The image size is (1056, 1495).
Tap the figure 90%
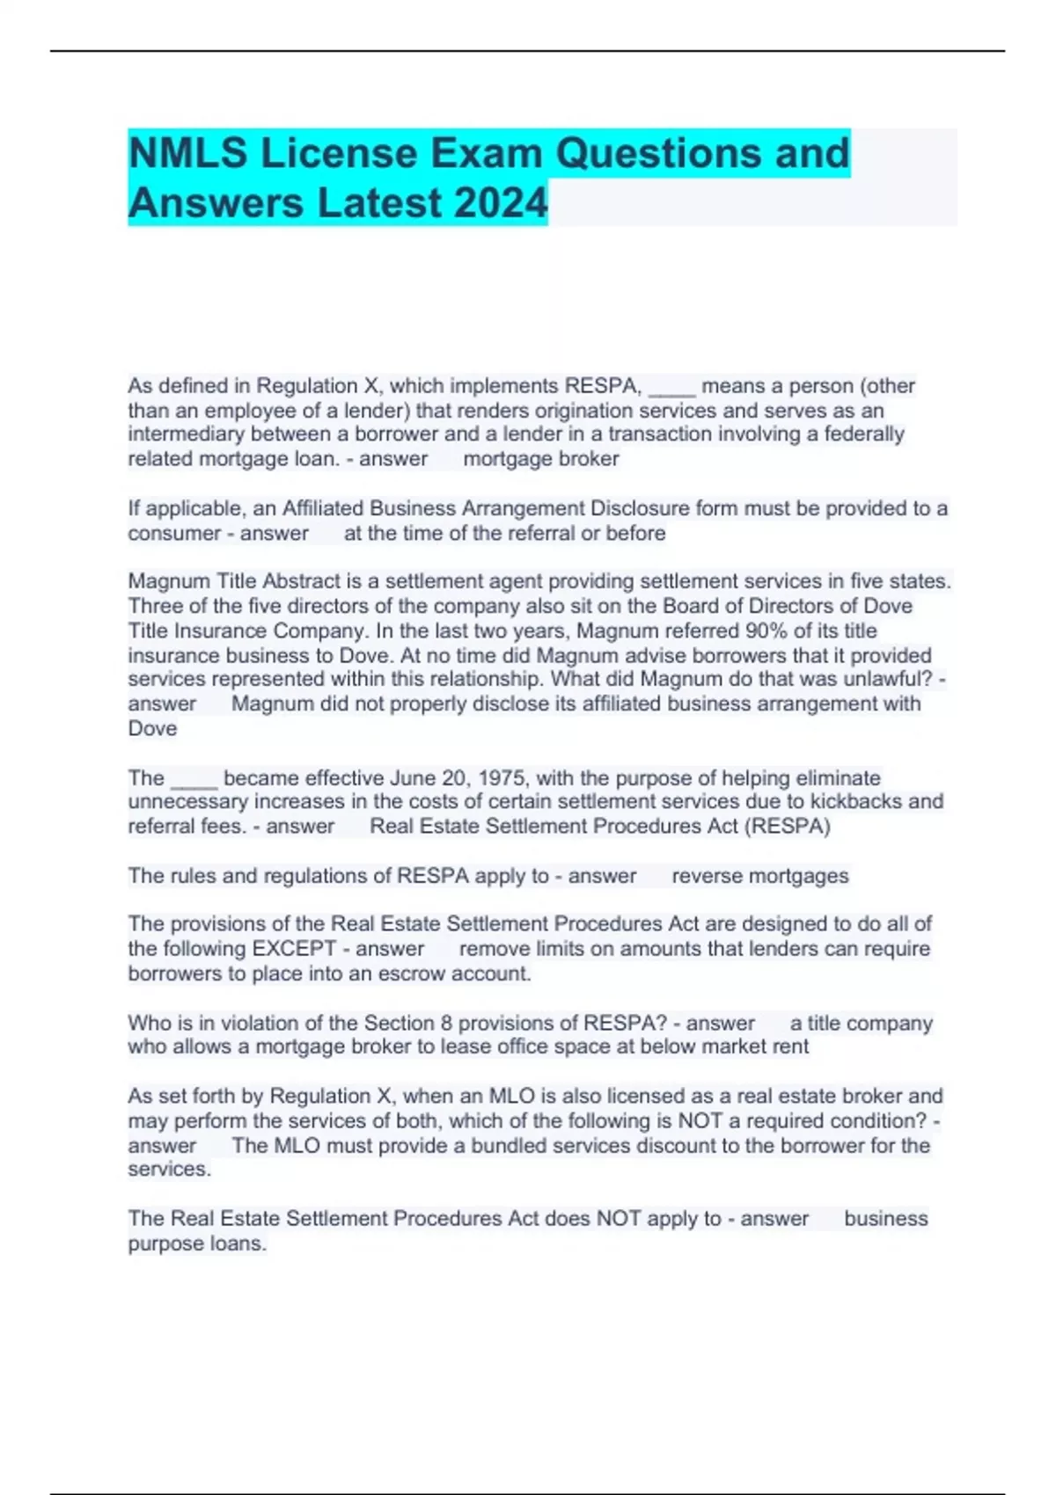point(766,631)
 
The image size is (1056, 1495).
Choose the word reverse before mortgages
point(706,876)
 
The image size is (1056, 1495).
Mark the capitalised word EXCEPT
point(295,949)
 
